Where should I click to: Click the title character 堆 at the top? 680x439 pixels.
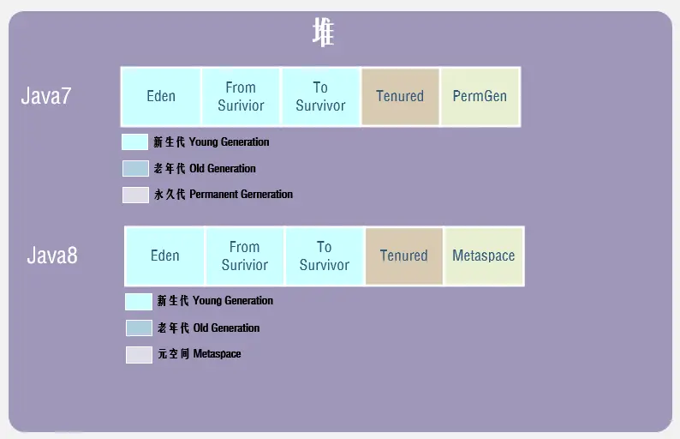pyautogui.click(x=324, y=33)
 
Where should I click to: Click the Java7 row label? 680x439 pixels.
pyautogui.click(x=45, y=96)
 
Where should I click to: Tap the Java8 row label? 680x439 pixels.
pyautogui.click(x=51, y=255)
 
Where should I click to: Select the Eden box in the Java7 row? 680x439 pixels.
pyautogui.click(x=161, y=96)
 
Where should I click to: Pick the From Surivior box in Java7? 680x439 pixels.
pyautogui.click(x=241, y=96)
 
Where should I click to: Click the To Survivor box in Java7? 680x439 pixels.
pyautogui.click(x=320, y=96)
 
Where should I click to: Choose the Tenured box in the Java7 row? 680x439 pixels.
pyautogui.click(x=400, y=96)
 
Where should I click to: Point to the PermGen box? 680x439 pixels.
pyautogui.click(x=480, y=96)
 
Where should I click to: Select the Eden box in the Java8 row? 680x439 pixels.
pyautogui.click(x=165, y=256)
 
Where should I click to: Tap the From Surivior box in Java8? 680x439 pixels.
pyautogui.click(x=245, y=256)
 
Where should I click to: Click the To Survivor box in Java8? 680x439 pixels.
pyautogui.click(x=325, y=256)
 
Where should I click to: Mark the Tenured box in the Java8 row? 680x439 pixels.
pyautogui.click(x=403, y=256)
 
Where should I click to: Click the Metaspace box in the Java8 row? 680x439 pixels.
pyautogui.click(x=484, y=256)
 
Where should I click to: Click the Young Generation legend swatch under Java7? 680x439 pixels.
pyautogui.click(x=135, y=142)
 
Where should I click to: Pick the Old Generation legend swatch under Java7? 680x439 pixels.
pyautogui.click(x=135, y=168)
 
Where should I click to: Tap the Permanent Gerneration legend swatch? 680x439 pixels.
pyautogui.click(x=135, y=195)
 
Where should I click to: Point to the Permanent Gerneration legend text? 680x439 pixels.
pyautogui.click(x=224, y=195)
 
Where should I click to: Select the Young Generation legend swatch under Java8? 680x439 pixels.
pyautogui.click(x=139, y=302)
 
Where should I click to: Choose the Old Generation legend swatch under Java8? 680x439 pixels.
pyautogui.click(x=139, y=328)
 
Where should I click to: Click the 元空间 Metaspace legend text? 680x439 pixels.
pyautogui.click(x=200, y=354)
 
